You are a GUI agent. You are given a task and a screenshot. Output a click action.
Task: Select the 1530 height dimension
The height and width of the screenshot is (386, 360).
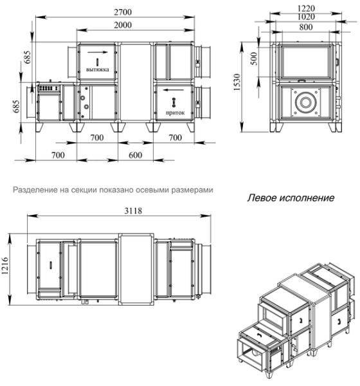238,83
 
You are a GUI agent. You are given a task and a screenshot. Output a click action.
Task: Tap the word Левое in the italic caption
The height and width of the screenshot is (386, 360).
264,198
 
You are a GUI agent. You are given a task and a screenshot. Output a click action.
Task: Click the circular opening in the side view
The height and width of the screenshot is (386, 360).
305,104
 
